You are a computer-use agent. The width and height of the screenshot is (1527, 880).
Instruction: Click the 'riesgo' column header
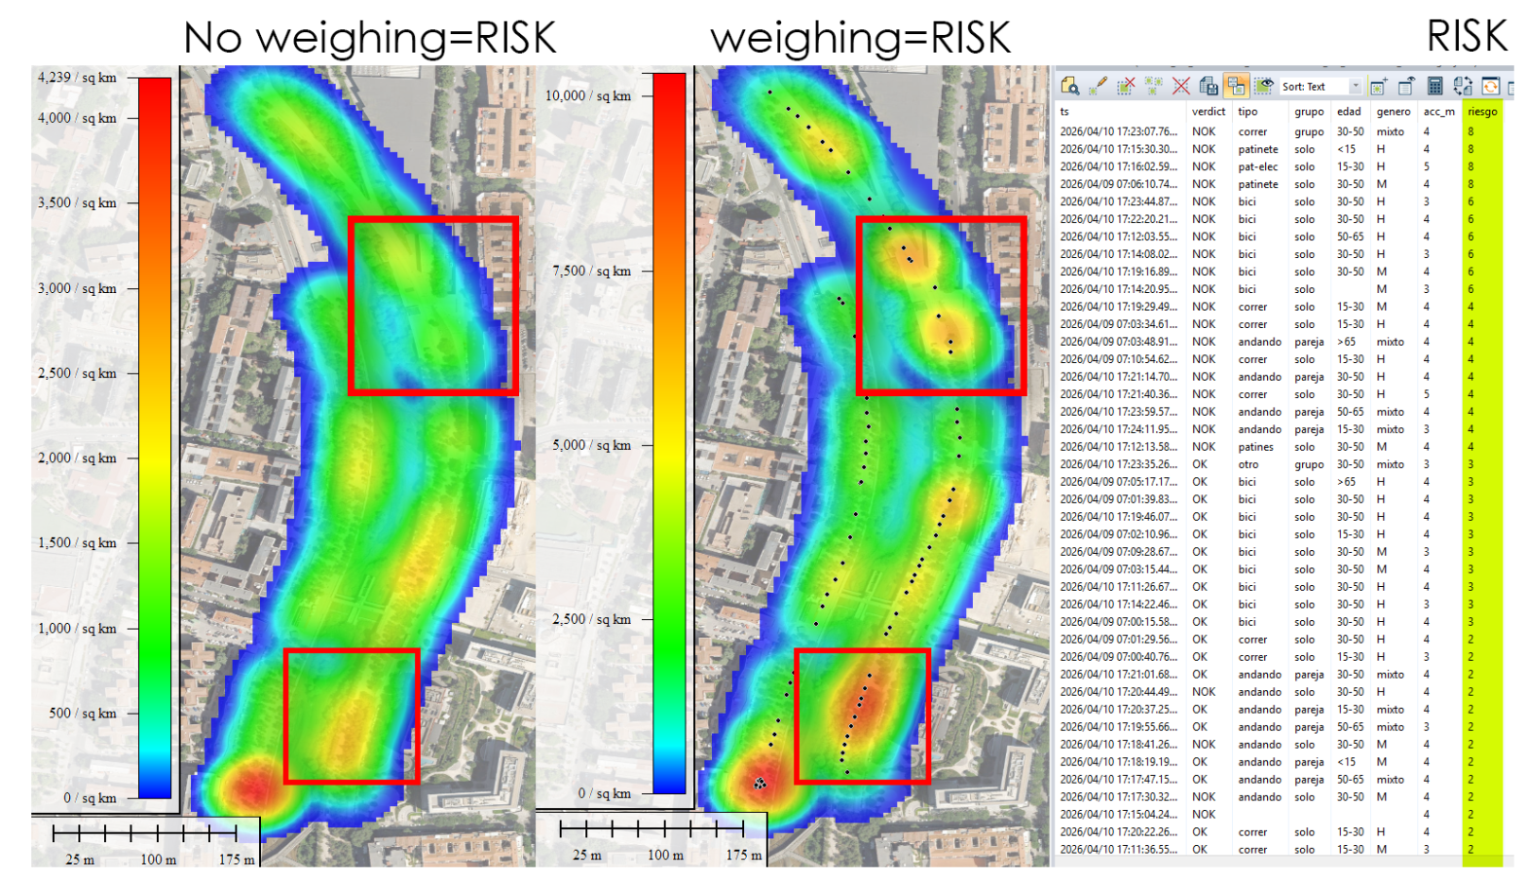(x=1482, y=112)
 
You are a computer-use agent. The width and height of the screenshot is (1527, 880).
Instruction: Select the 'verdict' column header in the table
(x=1208, y=112)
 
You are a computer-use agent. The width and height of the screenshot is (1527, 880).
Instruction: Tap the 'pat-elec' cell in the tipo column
(x=1257, y=167)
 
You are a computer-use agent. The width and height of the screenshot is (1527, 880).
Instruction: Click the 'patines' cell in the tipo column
(x=1255, y=448)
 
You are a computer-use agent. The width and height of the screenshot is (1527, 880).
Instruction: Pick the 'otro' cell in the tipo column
(x=1248, y=465)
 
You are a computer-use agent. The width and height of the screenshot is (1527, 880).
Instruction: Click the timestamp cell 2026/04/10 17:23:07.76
(x=1118, y=132)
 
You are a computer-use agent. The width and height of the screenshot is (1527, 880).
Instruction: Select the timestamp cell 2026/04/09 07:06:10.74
(x=1118, y=185)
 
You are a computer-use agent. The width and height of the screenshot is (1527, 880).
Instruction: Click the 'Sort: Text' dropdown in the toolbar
(x=1320, y=87)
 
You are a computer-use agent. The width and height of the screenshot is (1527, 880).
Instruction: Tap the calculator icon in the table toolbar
(x=1434, y=87)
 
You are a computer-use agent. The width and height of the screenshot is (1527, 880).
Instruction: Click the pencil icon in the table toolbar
(x=1098, y=87)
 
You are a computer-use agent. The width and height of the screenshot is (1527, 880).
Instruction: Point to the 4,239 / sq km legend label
(x=77, y=78)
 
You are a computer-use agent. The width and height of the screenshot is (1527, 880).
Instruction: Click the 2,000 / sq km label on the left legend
(x=77, y=458)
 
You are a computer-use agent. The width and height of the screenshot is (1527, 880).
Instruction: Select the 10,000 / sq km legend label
(x=587, y=96)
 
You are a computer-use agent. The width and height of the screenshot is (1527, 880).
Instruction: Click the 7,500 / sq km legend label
(x=591, y=272)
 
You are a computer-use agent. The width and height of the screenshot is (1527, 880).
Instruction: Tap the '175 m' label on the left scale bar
(x=237, y=860)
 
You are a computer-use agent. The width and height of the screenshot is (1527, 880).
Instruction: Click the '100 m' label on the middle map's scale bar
(x=665, y=856)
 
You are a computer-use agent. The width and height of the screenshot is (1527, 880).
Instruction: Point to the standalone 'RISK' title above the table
(x=1466, y=37)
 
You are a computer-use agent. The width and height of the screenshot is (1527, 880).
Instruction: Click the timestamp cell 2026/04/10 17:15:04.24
(x=1118, y=815)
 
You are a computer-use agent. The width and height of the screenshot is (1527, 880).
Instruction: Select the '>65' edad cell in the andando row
(x=1346, y=343)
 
